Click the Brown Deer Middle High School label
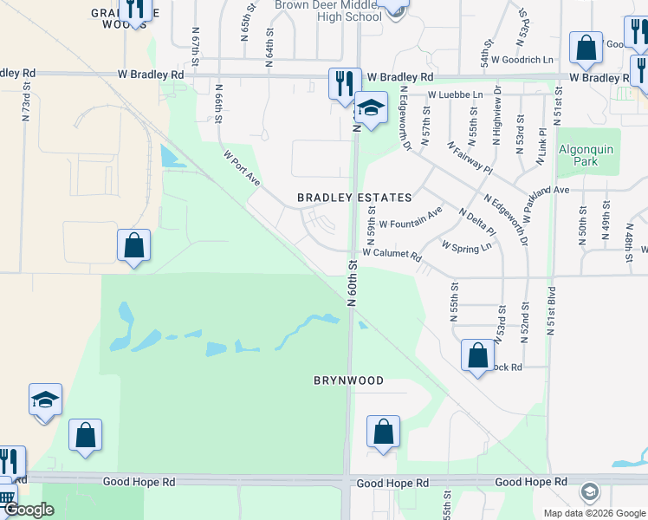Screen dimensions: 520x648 click(327, 10)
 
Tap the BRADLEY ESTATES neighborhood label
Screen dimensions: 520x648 click(354, 198)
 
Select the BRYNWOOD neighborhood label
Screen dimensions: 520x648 click(347, 380)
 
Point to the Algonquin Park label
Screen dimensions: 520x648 click(586, 155)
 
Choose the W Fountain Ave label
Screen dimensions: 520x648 click(411, 218)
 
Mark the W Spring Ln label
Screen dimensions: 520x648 click(466, 246)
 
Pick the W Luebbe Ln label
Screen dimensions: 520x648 click(454, 94)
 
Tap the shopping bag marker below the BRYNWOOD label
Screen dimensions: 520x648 click(383, 432)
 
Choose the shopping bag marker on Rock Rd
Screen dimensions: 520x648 click(477, 355)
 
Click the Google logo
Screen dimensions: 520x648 click(29, 510)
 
